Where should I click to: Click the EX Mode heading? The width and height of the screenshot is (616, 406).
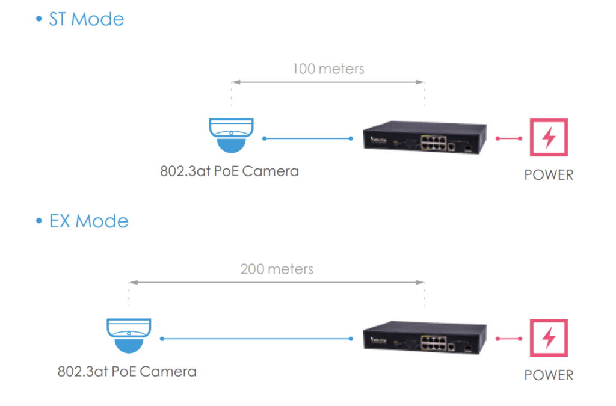pos(88,221)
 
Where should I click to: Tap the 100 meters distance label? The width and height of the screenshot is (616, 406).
pos(328,69)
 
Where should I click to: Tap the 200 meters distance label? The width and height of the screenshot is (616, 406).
pos(277,269)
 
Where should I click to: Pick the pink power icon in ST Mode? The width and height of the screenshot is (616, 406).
pos(548,138)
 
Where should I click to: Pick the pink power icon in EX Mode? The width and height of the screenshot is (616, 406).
pos(548,339)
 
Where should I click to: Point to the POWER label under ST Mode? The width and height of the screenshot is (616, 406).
pos(549,175)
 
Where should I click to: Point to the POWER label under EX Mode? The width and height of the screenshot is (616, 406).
pos(549,375)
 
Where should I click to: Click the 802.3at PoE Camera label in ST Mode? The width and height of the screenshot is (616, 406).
pos(229,171)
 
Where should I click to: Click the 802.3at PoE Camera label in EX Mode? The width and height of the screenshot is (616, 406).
pos(127,371)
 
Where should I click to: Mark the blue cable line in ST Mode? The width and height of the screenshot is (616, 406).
pos(308,139)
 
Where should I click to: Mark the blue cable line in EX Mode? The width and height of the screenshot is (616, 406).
pos(257,339)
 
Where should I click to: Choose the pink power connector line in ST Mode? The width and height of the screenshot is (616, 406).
pos(509,139)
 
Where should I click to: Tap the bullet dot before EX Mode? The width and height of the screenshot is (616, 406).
pos(39,222)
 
